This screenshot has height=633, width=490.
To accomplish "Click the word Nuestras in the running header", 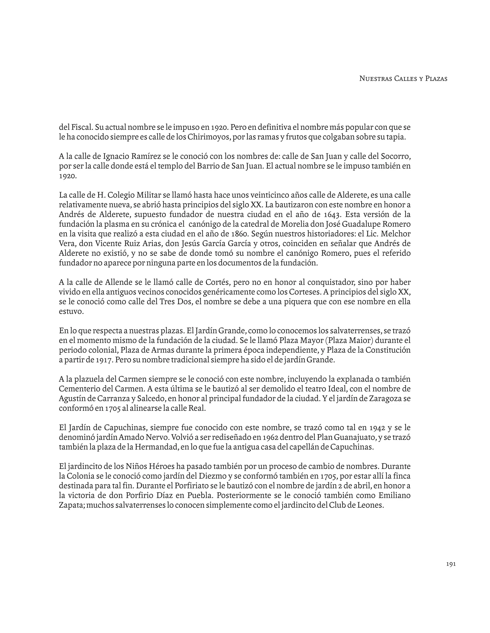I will pyautogui.click(x=376, y=79).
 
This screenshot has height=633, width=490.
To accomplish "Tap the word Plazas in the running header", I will pyautogui.click(x=436, y=79).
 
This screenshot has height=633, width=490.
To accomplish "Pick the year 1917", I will pyautogui.click(x=103, y=360).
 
